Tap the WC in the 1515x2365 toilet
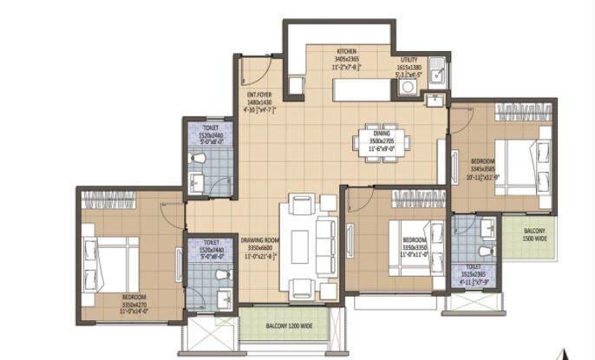click(x=486, y=251)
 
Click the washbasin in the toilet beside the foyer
click(x=197, y=182)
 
